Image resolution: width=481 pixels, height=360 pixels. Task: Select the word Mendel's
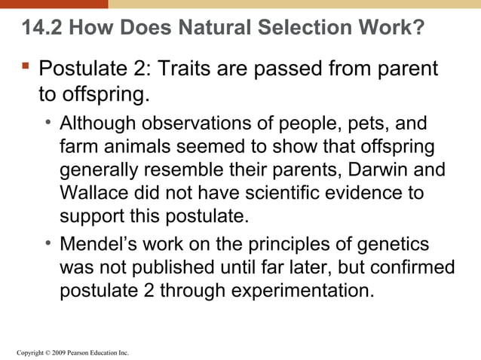[x=96, y=245]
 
